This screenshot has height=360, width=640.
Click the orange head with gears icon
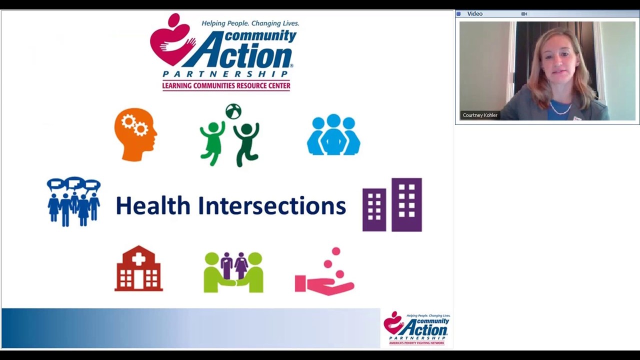(x=135, y=134)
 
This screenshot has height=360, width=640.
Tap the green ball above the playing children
(x=233, y=111)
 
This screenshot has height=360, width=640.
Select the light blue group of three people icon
(x=333, y=134)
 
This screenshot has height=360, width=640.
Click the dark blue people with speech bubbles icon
(x=73, y=201)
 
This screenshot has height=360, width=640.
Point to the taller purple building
(x=406, y=204)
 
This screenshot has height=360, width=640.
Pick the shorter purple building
(x=374, y=210)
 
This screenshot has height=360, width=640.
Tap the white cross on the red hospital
(x=138, y=258)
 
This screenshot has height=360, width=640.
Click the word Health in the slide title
(x=153, y=206)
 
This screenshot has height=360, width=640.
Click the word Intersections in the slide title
(x=272, y=206)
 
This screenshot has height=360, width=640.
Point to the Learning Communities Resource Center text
(x=226, y=86)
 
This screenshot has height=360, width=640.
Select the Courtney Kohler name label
(x=480, y=115)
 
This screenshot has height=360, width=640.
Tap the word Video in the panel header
(x=474, y=14)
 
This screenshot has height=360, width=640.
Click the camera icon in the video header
(x=524, y=14)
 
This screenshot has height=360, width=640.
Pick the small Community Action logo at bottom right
(x=416, y=328)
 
